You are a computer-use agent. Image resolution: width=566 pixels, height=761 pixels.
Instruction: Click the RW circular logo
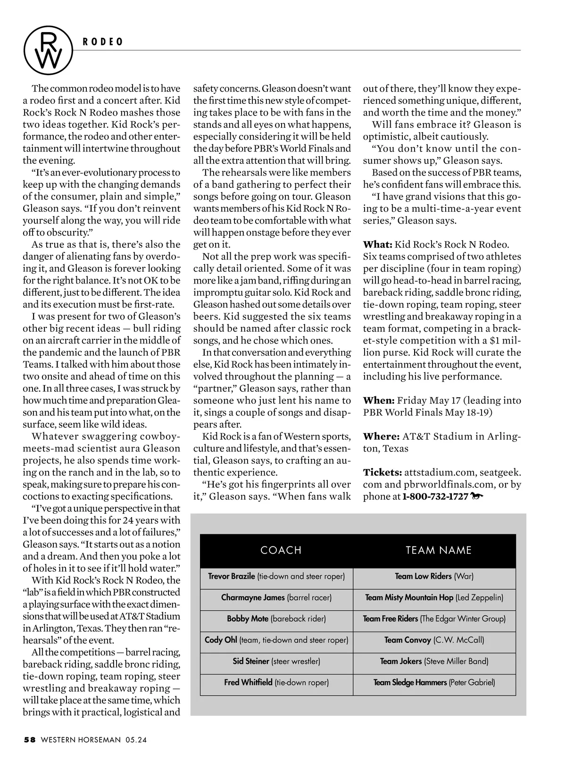click(49, 50)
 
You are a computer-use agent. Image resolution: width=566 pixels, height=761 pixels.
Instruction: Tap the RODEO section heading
click(103, 42)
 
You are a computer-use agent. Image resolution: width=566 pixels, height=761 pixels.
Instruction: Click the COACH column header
click(281, 550)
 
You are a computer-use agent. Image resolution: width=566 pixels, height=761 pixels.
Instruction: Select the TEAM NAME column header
click(439, 550)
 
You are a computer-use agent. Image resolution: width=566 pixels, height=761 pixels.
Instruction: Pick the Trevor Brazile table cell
click(276, 576)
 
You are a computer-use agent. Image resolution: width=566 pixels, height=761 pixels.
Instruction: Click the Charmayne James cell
click(276, 597)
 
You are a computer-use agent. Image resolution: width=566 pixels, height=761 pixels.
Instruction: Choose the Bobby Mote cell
click(276, 619)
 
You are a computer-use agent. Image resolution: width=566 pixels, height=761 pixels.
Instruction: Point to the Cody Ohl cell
click(276, 640)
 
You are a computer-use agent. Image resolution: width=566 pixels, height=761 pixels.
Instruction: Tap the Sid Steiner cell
click(276, 661)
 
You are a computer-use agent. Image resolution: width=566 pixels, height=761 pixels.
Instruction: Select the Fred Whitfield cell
click(276, 682)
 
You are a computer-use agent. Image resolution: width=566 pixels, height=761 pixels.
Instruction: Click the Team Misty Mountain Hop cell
click(434, 597)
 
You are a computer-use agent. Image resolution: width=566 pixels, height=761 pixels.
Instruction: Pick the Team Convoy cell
click(434, 640)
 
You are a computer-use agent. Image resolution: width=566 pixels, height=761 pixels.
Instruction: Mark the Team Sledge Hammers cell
click(434, 682)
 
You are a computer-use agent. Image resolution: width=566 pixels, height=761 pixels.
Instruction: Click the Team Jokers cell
click(434, 661)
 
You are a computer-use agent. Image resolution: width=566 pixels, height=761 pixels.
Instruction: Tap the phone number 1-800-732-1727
click(435, 496)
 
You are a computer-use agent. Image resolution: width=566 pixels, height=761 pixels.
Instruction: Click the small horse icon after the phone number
click(477, 496)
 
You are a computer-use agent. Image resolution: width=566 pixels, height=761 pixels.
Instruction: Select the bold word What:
click(377, 244)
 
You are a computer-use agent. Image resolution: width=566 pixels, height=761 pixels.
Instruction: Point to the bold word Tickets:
click(383, 472)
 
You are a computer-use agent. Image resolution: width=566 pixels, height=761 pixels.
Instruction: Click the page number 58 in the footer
click(30, 740)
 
